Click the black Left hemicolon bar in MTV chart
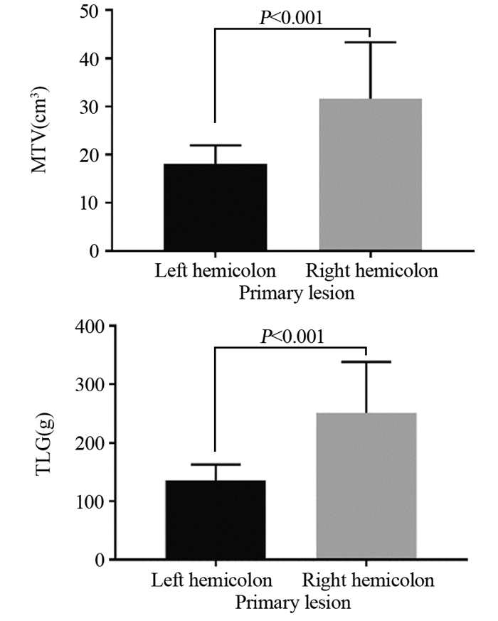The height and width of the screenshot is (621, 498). pos(214,207)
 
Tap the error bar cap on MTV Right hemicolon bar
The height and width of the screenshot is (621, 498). pos(370,43)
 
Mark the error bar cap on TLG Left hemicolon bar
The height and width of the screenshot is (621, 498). pos(214,465)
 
